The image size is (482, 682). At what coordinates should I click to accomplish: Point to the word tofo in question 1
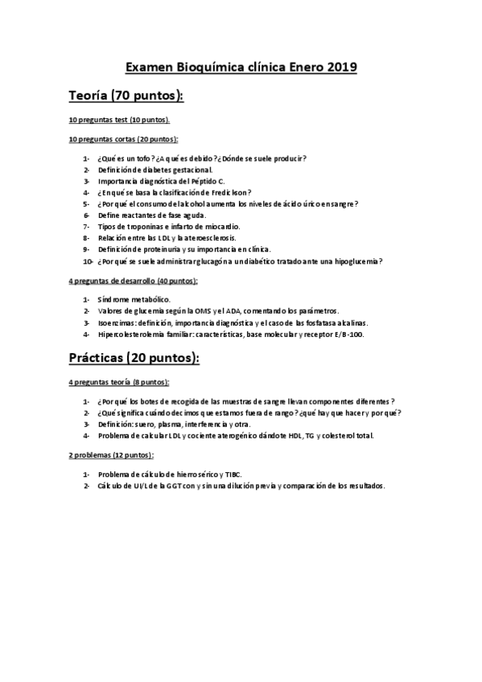[142, 158]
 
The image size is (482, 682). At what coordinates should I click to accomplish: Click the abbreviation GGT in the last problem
[180, 486]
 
